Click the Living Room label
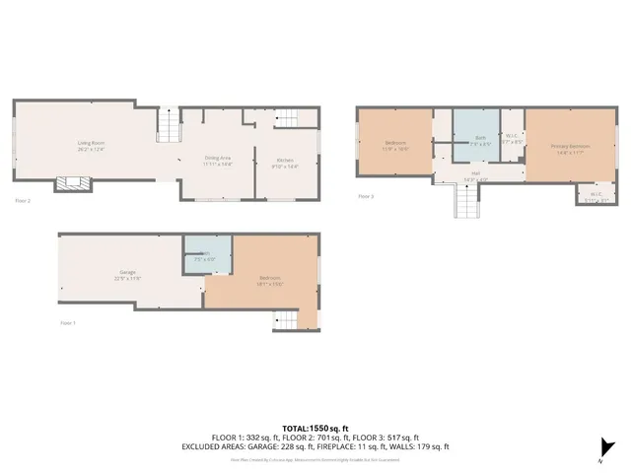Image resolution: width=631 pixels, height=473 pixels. pos(92,145)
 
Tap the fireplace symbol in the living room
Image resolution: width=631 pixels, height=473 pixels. pos(73,182)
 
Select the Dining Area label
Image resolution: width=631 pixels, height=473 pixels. pos(217,160)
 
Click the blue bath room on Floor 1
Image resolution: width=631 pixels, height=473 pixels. pos(207,256)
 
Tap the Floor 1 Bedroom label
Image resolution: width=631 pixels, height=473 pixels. pos(270,280)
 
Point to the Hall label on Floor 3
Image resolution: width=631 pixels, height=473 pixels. pos(475,174)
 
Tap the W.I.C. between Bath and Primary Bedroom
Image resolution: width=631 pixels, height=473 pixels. pos(512,139)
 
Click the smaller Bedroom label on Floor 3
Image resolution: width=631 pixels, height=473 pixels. pos(395,145)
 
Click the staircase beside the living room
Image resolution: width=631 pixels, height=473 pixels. pos(171,126)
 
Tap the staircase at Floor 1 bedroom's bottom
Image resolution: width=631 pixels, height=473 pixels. pos(283,319)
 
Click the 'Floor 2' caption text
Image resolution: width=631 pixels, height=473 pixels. pos(23,200)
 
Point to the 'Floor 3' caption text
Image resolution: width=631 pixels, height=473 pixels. pos(365,196)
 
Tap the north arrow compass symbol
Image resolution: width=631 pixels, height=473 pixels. pos(601,448)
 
